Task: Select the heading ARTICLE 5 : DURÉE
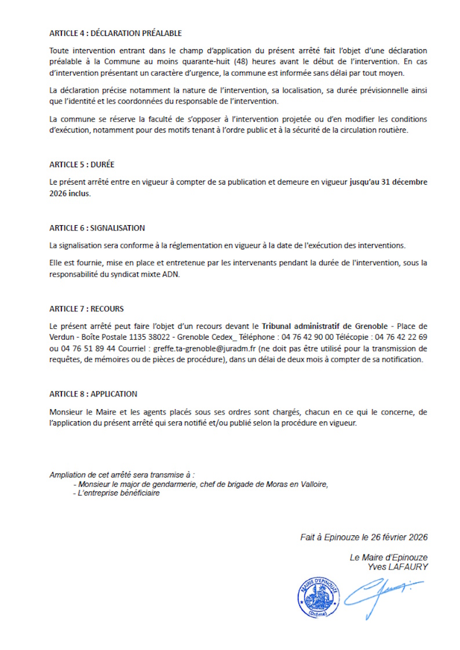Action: click(x=86, y=165)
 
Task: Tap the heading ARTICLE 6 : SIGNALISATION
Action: click(x=97, y=228)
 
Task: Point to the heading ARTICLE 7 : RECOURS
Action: click(x=86, y=309)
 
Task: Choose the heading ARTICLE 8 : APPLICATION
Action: click(x=93, y=394)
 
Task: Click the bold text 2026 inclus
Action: click(x=70, y=194)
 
